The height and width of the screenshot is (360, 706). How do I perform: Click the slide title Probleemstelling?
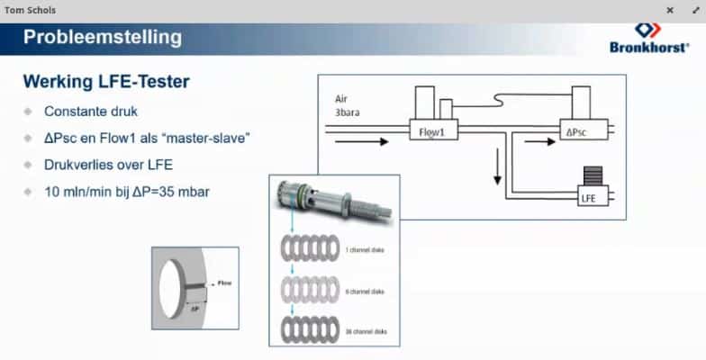point(102,38)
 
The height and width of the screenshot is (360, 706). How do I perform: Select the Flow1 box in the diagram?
point(434,131)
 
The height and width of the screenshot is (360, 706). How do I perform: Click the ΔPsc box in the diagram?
point(575,131)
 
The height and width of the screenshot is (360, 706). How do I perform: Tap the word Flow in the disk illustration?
point(225,283)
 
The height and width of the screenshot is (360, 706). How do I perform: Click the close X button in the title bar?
point(670,10)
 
